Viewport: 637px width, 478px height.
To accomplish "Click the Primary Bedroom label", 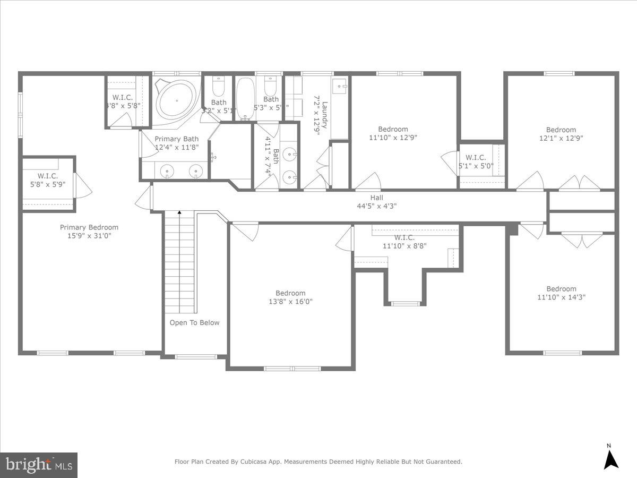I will [x=89, y=227].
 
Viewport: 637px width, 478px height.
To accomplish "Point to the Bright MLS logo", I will [x=38, y=465].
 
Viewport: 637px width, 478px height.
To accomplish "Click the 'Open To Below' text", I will [x=194, y=323].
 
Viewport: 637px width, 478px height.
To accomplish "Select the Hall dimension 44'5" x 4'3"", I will [x=376, y=206].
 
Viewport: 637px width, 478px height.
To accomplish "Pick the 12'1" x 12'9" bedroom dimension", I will [x=561, y=138].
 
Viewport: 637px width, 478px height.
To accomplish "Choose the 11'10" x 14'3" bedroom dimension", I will [x=561, y=297].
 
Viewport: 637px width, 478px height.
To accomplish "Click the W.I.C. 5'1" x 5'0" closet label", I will [x=476, y=166].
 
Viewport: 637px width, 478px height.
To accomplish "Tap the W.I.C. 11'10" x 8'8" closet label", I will [x=404, y=246].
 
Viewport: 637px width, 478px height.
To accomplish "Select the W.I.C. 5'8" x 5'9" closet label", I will [x=47, y=184].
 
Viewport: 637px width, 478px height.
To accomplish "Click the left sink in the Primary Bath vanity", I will [x=167, y=172].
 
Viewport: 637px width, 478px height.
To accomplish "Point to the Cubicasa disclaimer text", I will [x=318, y=462].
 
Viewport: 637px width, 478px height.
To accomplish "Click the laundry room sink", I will [x=339, y=86].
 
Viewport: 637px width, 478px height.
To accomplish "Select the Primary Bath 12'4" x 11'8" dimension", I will [x=177, y=148].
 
